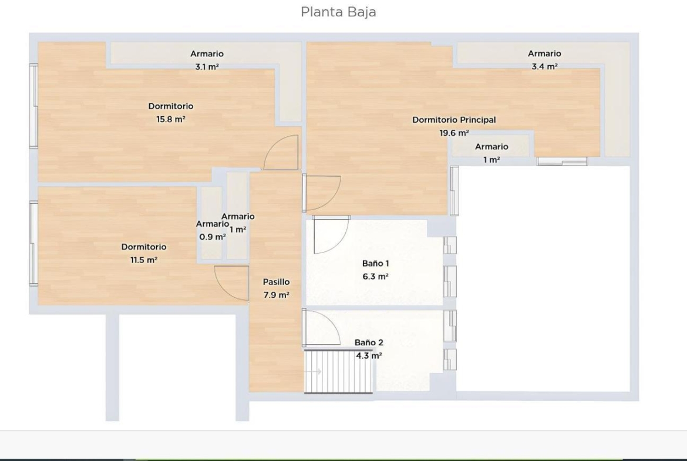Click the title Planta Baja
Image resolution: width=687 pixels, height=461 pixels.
[338, 12]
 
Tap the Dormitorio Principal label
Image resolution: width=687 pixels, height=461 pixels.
[454, 120]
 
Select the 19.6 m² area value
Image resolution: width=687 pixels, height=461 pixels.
[454, 133]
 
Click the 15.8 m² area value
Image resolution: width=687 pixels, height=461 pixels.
[171, 119]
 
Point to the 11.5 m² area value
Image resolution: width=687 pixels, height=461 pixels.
[144, 260]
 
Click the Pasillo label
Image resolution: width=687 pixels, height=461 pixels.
[276, 282]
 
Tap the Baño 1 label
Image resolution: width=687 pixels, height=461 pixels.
[375, 263]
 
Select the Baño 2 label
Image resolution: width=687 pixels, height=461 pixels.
[369, 342]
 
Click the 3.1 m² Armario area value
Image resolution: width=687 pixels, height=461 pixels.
[207, 66]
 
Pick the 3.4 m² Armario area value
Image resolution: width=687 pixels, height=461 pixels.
[544, 66]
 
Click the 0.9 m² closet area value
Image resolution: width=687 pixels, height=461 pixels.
[213, 237]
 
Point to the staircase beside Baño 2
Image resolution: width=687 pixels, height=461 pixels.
[338, 371]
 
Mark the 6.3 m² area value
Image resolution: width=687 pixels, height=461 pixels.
[375, 277]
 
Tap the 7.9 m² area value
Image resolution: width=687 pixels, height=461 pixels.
[276, 295]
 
